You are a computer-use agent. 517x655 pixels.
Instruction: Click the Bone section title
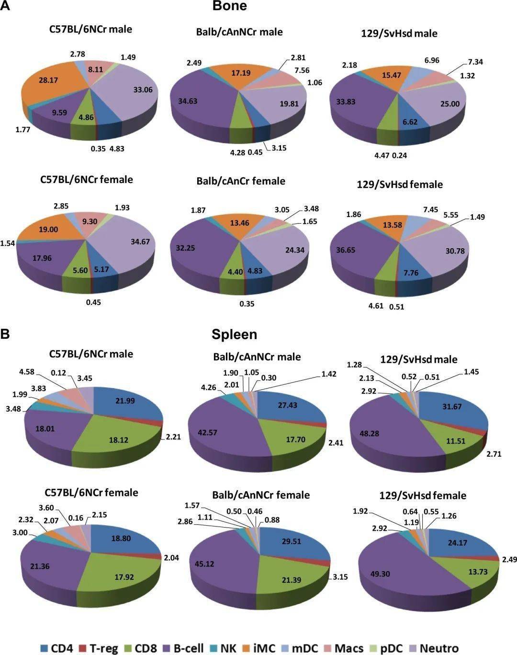point(230,6)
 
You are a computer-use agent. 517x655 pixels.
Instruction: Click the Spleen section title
point(234,334)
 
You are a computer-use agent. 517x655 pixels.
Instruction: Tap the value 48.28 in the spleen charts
point(368,433)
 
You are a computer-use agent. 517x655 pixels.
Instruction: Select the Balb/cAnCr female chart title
point(240,181)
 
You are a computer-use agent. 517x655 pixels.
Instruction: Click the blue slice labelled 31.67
point(452,407)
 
